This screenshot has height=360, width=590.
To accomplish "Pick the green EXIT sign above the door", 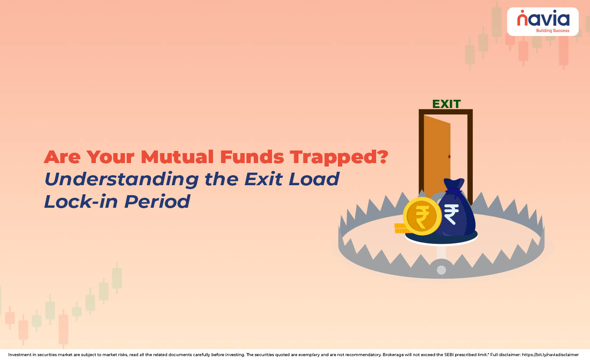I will click(446, 104).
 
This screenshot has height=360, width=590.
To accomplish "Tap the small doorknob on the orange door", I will click(449, 157).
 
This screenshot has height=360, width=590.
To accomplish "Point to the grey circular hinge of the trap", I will click(441, 270).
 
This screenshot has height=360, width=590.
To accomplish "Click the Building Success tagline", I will click(552, 31).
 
